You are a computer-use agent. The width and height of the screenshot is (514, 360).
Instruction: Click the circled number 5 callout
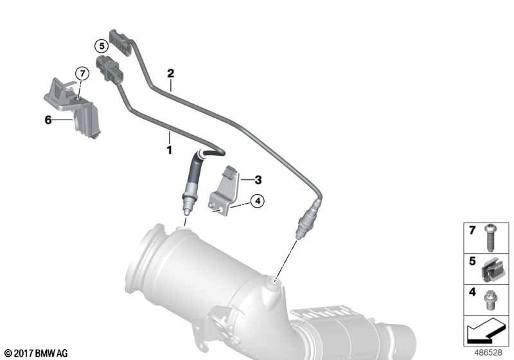click(x=102, y=46)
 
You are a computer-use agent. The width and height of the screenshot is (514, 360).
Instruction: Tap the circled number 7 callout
click(x=82, y=73)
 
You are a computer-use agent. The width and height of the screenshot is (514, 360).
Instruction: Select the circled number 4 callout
click(x=258, y=201)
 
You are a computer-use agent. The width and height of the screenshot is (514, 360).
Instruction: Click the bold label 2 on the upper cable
click(x=170, y=73)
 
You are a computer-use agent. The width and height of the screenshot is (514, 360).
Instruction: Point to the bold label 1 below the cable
click(x=169, y=150)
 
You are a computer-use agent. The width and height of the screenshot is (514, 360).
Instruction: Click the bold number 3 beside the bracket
click(x=258, y=179)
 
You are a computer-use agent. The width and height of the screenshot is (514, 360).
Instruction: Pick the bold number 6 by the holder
click(x=48, y=120)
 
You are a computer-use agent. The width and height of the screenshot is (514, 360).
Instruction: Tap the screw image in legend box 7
click(x=490, y=238)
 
